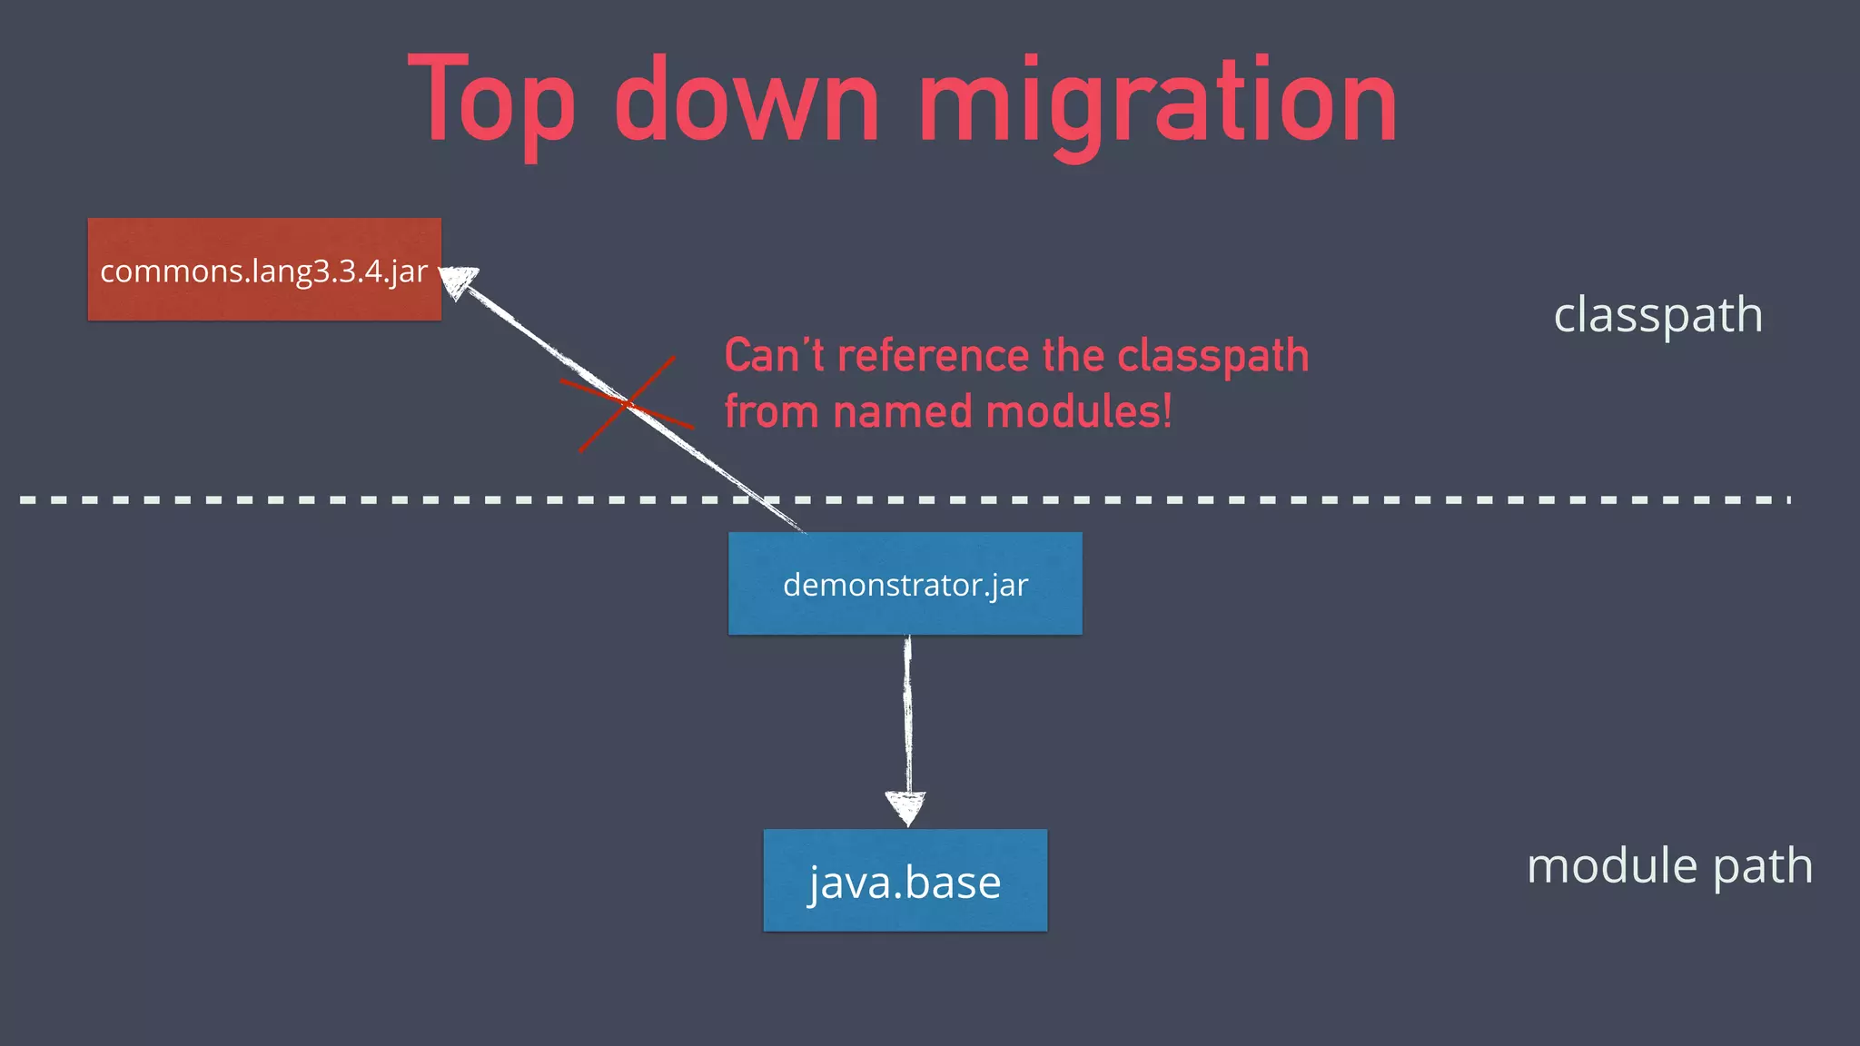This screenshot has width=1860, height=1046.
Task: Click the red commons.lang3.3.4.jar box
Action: pos(264,270)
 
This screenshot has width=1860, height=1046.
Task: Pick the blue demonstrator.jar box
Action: pos(905,584)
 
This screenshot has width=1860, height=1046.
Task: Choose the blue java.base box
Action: pos(905,881)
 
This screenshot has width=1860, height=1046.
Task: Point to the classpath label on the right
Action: pos(1657,315)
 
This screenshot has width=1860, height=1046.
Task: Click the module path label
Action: pos(1669,865)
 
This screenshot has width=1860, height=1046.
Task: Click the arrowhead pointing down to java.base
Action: pos(906,807)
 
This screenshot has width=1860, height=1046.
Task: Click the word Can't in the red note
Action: pos(774,355)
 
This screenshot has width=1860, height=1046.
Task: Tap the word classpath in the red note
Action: pos(1212,357)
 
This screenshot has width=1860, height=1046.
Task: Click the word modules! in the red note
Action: pos(1079,412)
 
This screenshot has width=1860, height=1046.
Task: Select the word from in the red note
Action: pos(772,412)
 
